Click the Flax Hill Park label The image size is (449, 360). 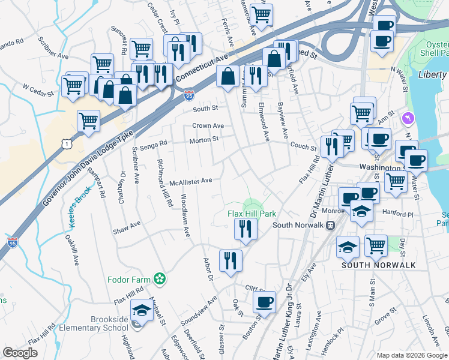(252, 214)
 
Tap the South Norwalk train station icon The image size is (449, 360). (330, 226)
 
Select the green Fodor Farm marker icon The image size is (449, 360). (159, 278)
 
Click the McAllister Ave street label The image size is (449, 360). (191, 181)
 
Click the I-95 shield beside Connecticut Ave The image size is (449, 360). (189, 95)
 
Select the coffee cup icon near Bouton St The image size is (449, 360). (264, 302)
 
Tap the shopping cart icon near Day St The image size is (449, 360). (376, 245)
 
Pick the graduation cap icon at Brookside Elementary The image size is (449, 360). (141, 310)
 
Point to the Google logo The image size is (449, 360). (20, 353)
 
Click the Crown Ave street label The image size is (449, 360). (208, 126)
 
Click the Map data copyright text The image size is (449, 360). (411, 355)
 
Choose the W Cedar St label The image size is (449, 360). (38, 87)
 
